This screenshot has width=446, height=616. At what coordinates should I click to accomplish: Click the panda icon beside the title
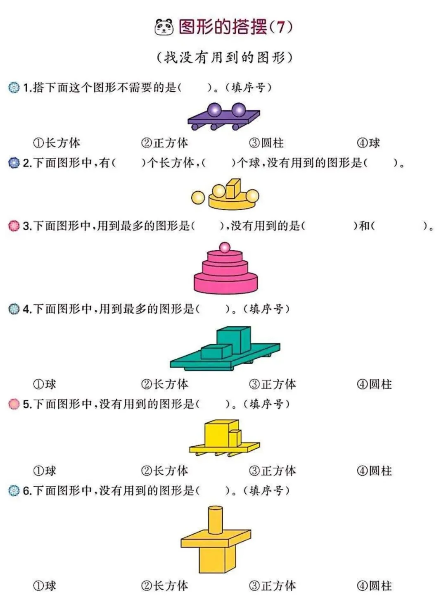click(x=164, y=27)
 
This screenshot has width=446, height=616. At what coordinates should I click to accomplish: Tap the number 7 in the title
click(x=281, y=27)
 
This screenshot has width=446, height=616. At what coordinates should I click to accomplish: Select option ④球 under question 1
click(x=368, y=143)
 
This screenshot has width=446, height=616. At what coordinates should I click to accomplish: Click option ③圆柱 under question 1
click(x=266, y=143)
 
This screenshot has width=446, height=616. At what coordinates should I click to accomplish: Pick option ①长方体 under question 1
click(x=57, y=143)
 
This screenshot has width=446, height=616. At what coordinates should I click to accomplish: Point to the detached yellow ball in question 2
click(x=198, y=197)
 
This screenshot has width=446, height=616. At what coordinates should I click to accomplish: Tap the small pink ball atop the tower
click(x=225, y=247)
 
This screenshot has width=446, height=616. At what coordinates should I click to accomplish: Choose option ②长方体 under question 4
click(x=164, y=384)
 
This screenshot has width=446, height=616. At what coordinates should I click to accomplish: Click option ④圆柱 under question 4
click(x=374, y=384)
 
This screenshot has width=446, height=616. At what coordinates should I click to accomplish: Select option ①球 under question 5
click(x=45, y=471)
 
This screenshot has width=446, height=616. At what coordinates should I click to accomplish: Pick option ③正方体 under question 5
click(x=273, y=471)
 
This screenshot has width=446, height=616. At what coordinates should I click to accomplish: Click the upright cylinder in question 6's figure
click(x=216, y=520)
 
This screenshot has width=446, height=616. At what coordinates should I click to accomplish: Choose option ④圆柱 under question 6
click(x=374, y=585)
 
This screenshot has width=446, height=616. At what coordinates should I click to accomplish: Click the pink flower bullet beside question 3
click(x=14, y=226)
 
